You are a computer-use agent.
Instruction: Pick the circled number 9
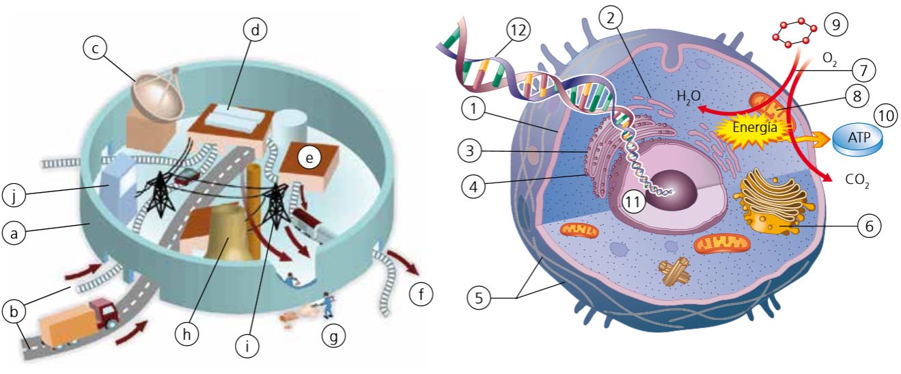[x=834, y=25]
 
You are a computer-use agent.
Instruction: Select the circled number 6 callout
[x=868, y=224]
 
